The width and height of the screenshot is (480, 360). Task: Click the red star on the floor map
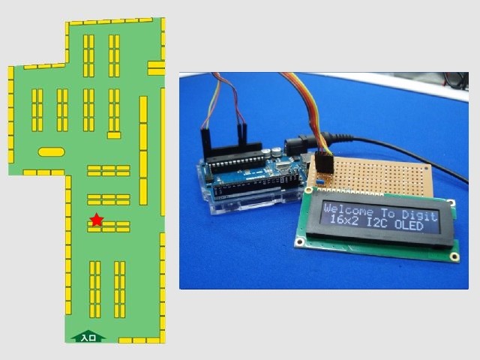click(96, 219)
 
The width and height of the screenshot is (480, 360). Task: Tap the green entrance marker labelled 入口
click(88, 337)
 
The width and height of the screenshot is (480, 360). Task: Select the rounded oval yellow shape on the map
click(51, 151)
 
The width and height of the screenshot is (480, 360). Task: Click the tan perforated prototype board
click(375, 174)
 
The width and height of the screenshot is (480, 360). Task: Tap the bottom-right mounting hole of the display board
click(454, 256)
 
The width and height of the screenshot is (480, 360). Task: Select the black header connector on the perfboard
click(323, 165)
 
